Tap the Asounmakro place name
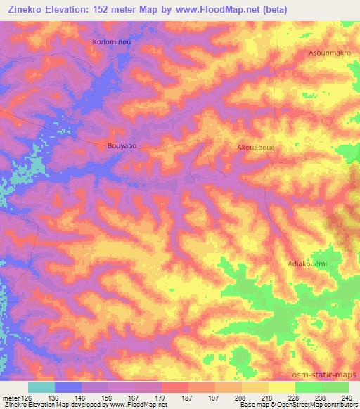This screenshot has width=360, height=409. pos(330,53)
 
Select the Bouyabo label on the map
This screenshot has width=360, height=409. pos(122,146)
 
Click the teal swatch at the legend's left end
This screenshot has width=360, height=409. pos(41,387)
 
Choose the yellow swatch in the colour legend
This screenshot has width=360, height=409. pos(281,387)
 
